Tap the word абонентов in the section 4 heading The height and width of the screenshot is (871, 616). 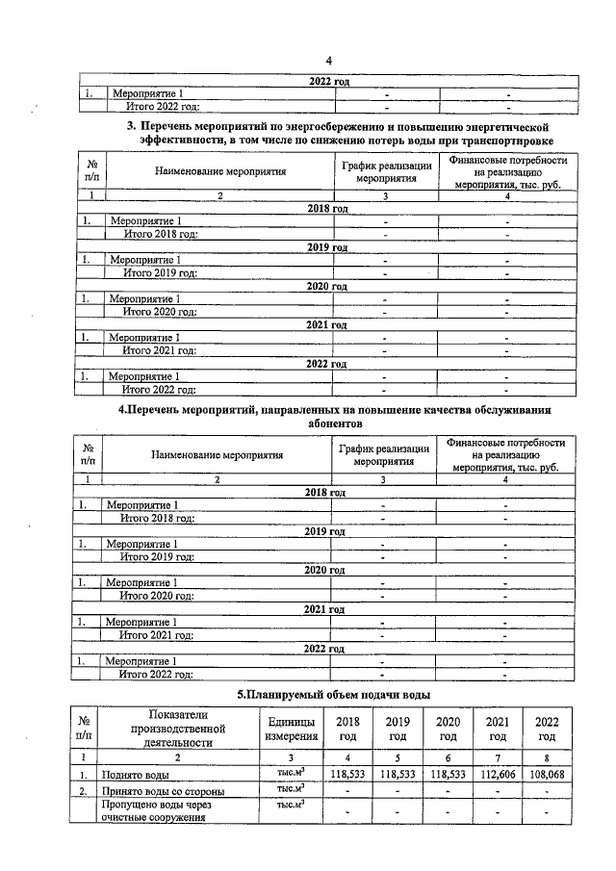click(x=335, y=423)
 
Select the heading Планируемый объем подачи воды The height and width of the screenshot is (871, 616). click(x=334, y=694)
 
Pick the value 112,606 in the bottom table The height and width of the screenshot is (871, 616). click(x=498, y=773)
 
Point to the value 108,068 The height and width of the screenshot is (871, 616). click(x=547, y=773)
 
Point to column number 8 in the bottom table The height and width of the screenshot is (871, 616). click(x=547, y=757)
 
